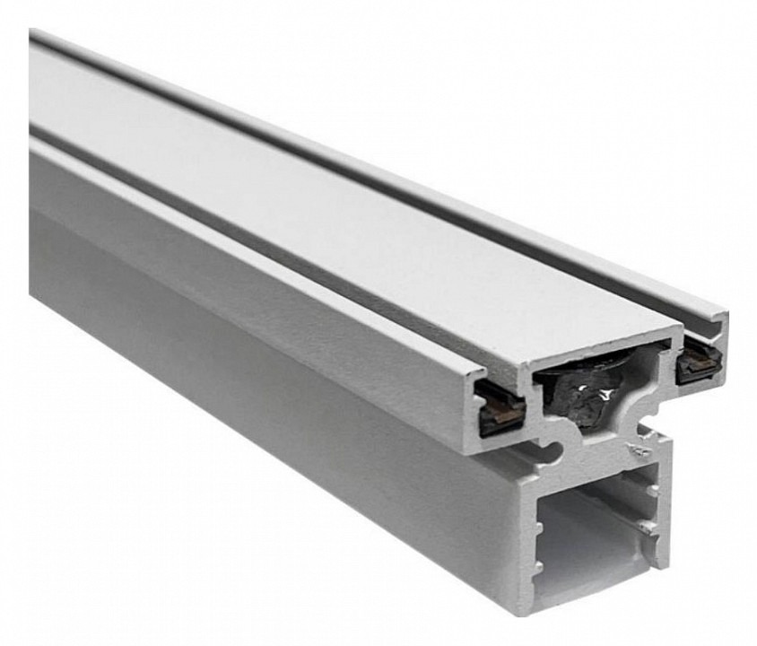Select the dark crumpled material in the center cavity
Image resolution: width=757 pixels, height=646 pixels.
(587, 395)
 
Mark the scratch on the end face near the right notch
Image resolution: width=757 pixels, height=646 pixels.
(640, 448)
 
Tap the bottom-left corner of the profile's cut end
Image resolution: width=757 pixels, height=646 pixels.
(526, 611)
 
